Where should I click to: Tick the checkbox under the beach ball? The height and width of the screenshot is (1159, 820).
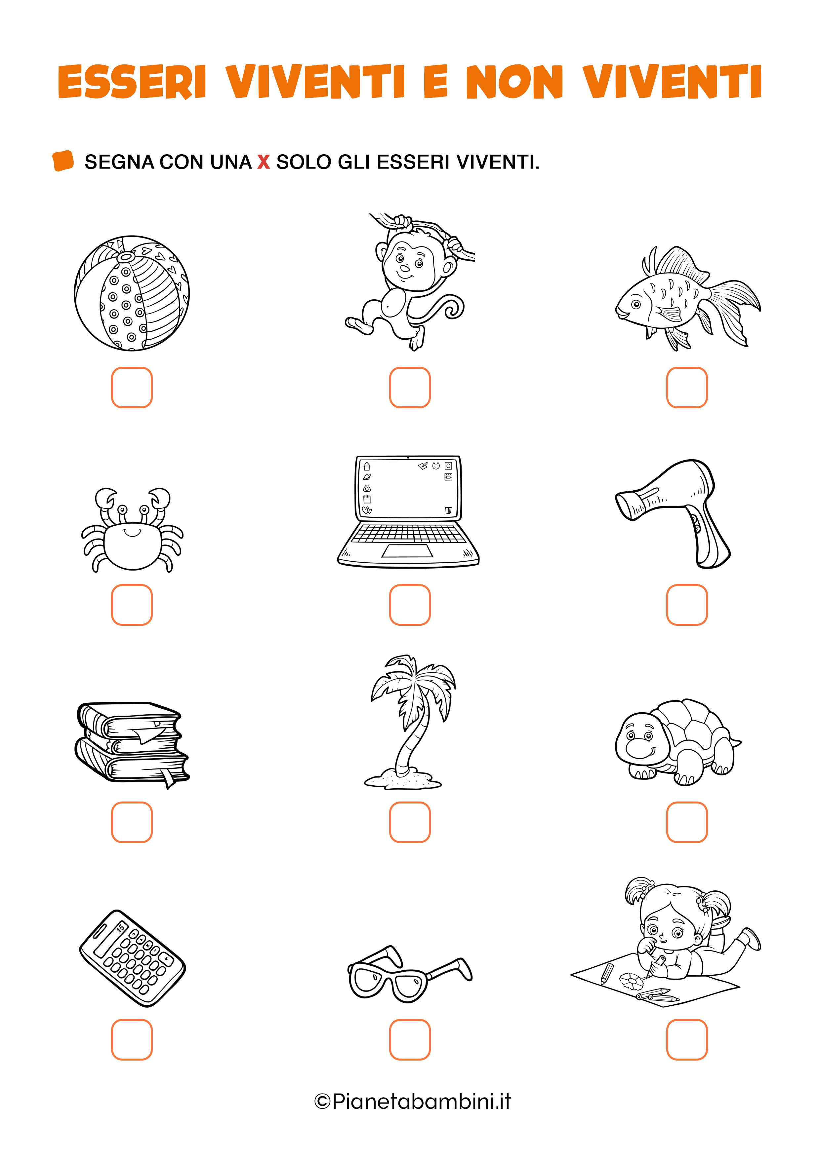(132, 387)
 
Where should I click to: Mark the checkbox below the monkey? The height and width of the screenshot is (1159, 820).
(410, 387)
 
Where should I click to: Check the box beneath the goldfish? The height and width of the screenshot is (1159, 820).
(687, 387)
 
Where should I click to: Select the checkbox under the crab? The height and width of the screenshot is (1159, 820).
(132, 605)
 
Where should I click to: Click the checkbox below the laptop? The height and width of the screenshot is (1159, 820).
(410, 605)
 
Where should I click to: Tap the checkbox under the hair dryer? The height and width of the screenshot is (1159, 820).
(687, 605)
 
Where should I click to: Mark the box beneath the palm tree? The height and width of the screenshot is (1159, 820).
(410, 822)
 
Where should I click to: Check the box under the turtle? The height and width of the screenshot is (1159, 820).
(687, 822)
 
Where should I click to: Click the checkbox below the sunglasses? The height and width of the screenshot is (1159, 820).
(410, 1039)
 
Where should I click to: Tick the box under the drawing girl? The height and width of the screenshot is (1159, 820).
(687, 1039)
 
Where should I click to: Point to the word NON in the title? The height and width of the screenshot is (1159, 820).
(514, 82)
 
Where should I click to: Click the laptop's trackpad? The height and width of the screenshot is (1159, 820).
(407, 551)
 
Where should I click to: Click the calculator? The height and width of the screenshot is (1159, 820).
(132, 958)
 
